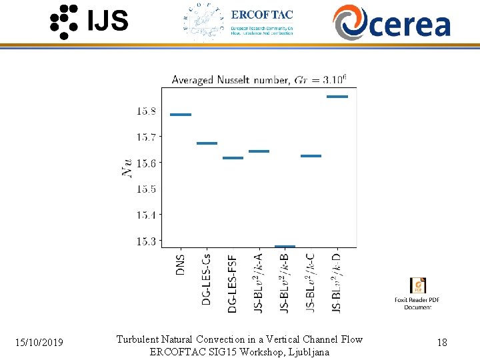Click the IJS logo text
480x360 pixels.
point(107,21)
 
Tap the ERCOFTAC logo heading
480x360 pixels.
point(261,15)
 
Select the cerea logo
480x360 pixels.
point(392,22)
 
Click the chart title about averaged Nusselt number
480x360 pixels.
point(259,80)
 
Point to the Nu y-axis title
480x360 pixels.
point(127,167)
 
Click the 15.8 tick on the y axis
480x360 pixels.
point(147,111)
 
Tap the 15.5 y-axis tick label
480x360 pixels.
point(147,189)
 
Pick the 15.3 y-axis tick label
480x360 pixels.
point(147,241)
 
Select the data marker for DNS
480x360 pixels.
point(181,115)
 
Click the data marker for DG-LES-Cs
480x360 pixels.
point(207,143)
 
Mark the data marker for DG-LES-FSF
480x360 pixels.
point(233,158)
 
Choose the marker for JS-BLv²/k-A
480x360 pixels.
point(259,151)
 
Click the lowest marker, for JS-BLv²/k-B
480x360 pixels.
point(285,247)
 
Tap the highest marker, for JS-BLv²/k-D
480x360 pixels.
point(337,97)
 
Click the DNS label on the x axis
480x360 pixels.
point(181,264)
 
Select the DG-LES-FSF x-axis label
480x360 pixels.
point(233,283)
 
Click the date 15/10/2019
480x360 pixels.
point(40,343)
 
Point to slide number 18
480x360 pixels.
point(441,343)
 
